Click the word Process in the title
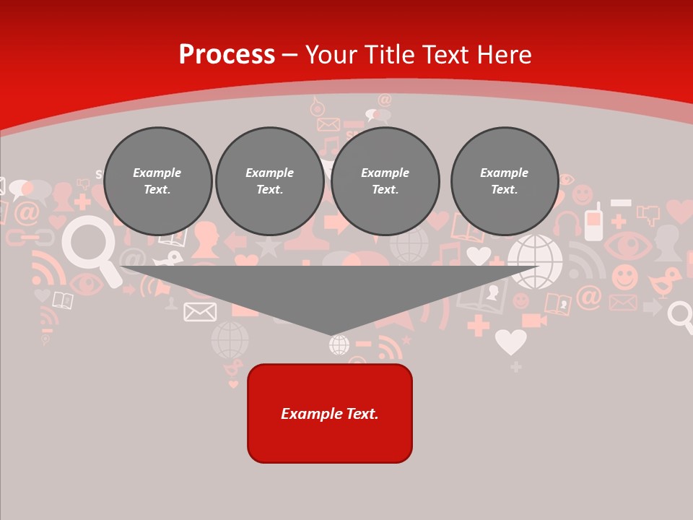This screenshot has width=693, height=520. click(227, 55)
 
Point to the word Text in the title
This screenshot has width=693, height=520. click(446, 55)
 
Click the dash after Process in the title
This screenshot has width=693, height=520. click(289, 56)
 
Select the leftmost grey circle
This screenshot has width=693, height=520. click(157, 181)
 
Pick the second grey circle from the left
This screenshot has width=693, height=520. click(270, 181)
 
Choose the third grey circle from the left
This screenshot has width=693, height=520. click(385, 181)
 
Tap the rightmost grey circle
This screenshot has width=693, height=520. click(505, 181)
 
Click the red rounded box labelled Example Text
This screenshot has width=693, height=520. click(330, 413)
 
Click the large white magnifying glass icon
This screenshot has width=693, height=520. click(90, 246)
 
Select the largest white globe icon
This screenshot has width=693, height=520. click(535, 261)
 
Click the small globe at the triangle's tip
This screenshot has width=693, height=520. click(339, 344)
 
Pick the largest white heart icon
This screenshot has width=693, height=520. click(510, 341)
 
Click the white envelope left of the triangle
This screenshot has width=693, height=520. click(200, 311)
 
